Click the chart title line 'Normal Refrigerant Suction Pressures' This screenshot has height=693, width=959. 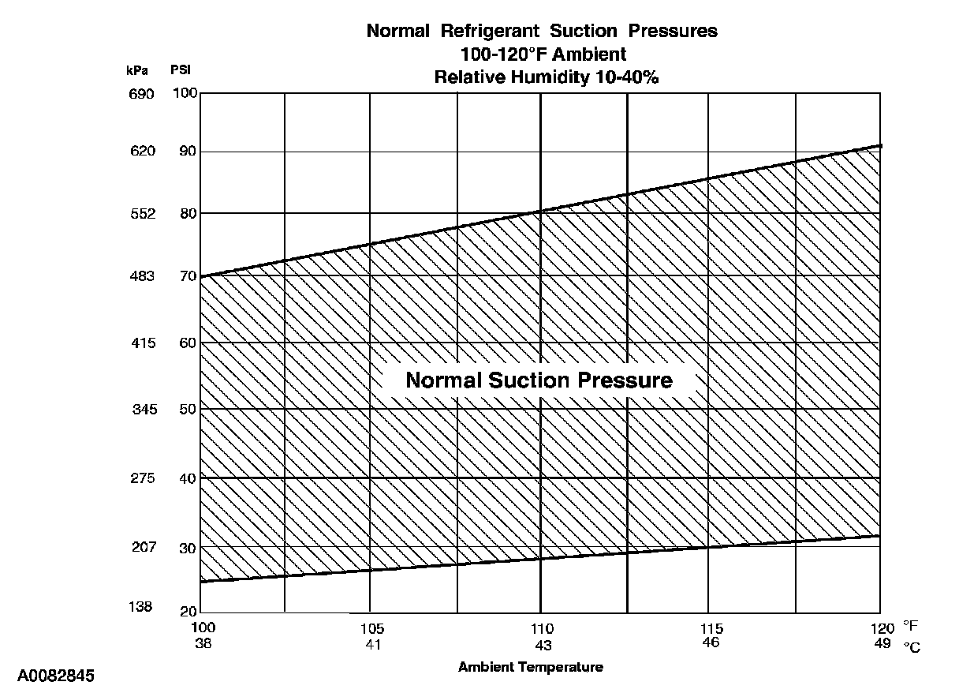[542, 32]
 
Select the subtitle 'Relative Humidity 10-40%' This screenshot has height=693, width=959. [542, 77]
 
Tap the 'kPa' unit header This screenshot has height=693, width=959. [136, 69]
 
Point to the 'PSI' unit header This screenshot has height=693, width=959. [181, 69]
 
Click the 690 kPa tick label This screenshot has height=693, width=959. [142, 94]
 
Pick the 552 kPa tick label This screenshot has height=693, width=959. [142, 213]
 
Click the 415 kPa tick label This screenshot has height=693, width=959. [142, 343]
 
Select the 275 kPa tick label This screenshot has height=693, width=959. [142, 478]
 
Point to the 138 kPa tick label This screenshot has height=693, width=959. [142, 607]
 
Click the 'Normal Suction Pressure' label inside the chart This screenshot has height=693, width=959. [539, 380]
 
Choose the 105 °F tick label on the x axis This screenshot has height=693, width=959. [372, 629]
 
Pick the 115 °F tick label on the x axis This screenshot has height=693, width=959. [711, 629]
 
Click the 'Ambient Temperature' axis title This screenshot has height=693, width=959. [531, 667]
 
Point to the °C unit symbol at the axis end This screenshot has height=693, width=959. [912, 646]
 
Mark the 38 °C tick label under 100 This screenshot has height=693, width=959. [203, 643]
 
